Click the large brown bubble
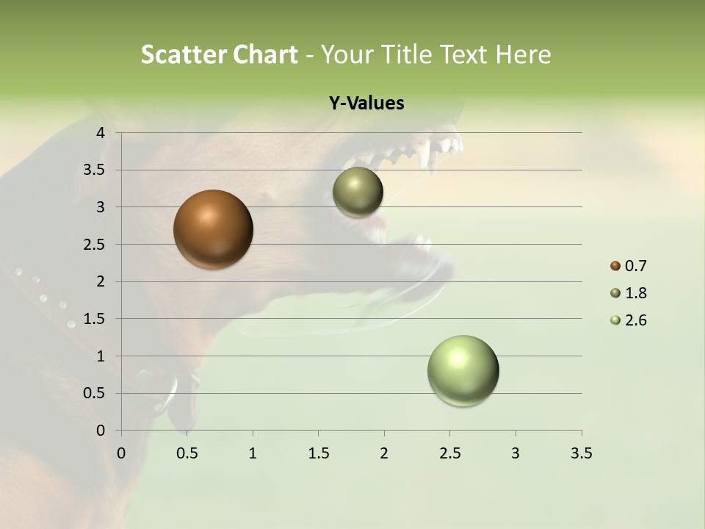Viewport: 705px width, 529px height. [213, 229]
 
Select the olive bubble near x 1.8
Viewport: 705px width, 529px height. [358, 192]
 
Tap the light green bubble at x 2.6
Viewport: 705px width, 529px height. [463, 370]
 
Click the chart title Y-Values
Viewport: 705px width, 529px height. [366, 104]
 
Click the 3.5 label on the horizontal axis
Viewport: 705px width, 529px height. [581, 453]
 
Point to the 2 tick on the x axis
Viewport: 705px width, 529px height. [384, 453]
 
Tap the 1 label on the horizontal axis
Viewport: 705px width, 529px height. [253, 453]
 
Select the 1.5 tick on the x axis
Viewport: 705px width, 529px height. [318, 453]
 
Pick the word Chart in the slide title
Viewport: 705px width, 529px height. [265, 54]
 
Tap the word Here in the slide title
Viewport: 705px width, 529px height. [522, 54]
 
